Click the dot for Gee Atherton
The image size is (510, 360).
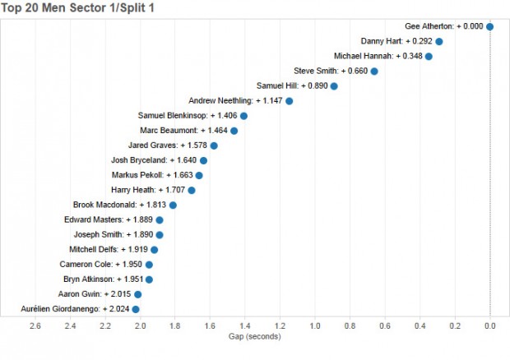point(489,26)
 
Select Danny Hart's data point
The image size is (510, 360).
point(438,41)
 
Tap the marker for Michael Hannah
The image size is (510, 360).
point(429,56)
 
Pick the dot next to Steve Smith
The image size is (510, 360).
point(374,72)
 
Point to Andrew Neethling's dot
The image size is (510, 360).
point(289,101)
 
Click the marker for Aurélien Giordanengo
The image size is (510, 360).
point(136,309)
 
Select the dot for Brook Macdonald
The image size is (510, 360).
point(173,205)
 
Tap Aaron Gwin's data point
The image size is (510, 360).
point(137,294)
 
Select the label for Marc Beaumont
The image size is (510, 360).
point(183,131)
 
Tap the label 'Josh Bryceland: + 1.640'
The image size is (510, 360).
point(151,160)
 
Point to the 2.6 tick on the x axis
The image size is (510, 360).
point(35,326)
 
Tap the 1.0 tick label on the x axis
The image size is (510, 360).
point(315,326)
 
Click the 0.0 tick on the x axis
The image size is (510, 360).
point(490,326)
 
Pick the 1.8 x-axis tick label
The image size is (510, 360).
point(175,326)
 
